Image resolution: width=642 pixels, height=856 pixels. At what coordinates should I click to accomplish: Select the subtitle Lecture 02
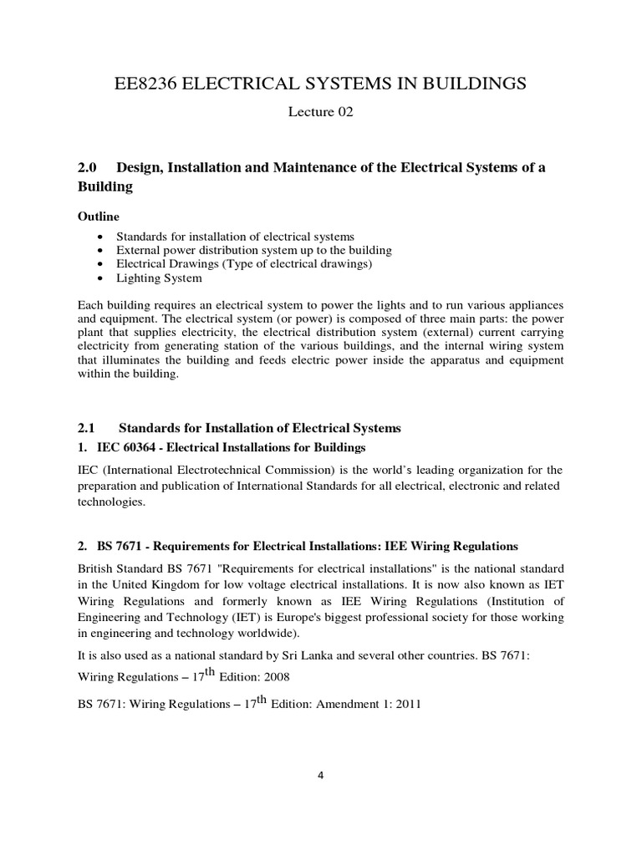[x=320, y=113]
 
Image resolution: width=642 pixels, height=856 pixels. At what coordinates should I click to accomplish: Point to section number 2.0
[x=89, y=168]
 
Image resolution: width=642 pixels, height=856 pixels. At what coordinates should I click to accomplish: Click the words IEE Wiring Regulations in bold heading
[x=451, y=546]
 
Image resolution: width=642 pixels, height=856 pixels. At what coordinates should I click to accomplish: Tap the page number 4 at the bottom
[x=320, y=775]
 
